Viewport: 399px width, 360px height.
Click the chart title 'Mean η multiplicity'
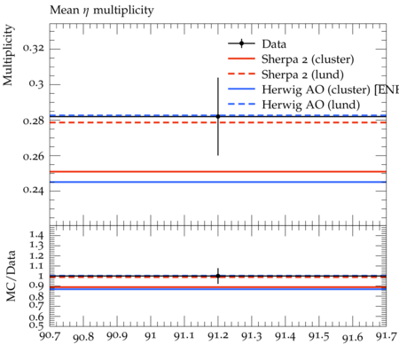pyautogui.click(x=102, y=11)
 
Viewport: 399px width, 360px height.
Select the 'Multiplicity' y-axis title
pyautogui.click(x=8, y=55)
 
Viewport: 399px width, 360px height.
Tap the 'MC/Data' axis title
pyautogui.click(x=11, y=276)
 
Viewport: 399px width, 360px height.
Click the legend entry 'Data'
pyautogui.click(x=274, y=44)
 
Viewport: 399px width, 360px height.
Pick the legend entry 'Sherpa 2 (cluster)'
pyautogui.click(x=308, y=59)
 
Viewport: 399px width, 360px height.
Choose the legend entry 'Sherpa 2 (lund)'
pyautogui.click(x=302, y=74)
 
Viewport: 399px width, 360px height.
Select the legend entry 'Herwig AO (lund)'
pyautogui.click(x=311, y=105)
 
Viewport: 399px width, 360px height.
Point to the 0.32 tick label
pyautogui.click(x=34, y=49)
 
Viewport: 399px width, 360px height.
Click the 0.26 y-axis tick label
pyautogui.click(x=34, y=156)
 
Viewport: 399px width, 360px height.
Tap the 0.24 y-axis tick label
pyautogui.click(x=34, y=190)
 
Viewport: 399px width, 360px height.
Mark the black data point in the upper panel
pyautogui.click(x=218, y=116)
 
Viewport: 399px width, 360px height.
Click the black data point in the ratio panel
pyautogui.click(x=218, y=276)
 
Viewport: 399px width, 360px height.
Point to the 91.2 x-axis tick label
pyautogui.click(x=218, y=336)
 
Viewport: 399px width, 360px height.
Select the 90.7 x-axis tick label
pyautogui.click(x=50, y=336)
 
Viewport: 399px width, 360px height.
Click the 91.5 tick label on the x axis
pyautogui.click(x=319, y=336)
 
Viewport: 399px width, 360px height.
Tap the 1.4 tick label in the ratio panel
pyautogui.click(x=36, y=236)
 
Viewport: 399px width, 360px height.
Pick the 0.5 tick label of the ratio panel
pyautogui.click(x=36, y=325)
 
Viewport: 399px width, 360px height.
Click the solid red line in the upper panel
pyautogui.click(x=218, y=171)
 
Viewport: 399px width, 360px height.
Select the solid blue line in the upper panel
pyautogui.click(x=218, y=182)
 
